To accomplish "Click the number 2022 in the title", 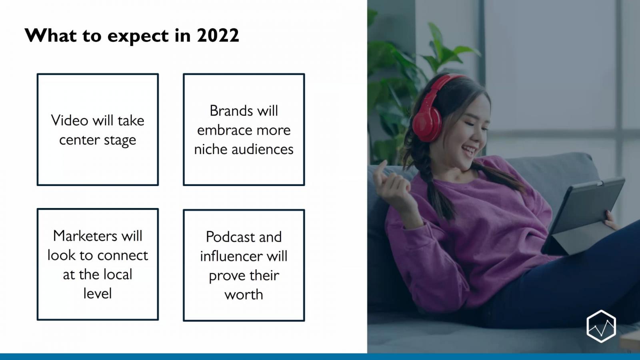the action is coord(218,36).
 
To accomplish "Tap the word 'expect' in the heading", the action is coord(138,36).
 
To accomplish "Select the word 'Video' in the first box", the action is coord(70,120).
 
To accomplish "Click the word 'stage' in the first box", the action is coord(120,140).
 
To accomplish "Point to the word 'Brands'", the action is coord(232,110).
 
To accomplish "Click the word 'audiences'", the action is coord(262,149).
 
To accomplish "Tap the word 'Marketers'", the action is coord(85,236).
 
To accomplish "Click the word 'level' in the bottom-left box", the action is coord(98,294).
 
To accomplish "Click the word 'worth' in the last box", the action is coord(244,294).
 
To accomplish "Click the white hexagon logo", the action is coord(601,326).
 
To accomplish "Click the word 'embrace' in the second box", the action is coord(223,130).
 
